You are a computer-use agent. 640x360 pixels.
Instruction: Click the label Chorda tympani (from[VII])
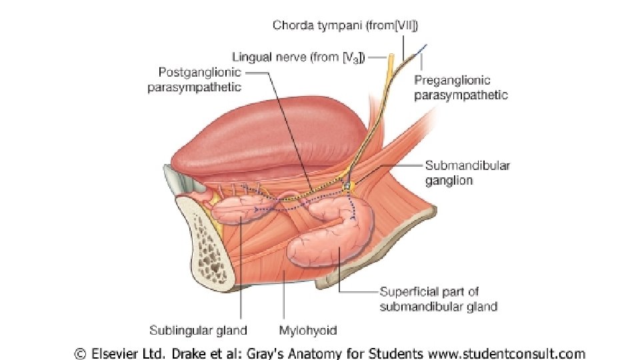coord(346,26)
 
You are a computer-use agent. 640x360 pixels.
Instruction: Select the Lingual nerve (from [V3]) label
coord(298,57)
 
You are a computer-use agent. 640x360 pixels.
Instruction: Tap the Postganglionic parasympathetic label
coord(194,80)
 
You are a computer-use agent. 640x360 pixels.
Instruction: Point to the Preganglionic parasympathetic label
coord(461,87)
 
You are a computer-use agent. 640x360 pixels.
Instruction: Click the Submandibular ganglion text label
coord(467,173)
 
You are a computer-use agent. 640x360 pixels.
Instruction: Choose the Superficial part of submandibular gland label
coord(438,299)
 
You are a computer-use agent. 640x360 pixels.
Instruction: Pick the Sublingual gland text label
coord(199,330)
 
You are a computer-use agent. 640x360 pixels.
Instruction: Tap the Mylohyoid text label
coord(307,330)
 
